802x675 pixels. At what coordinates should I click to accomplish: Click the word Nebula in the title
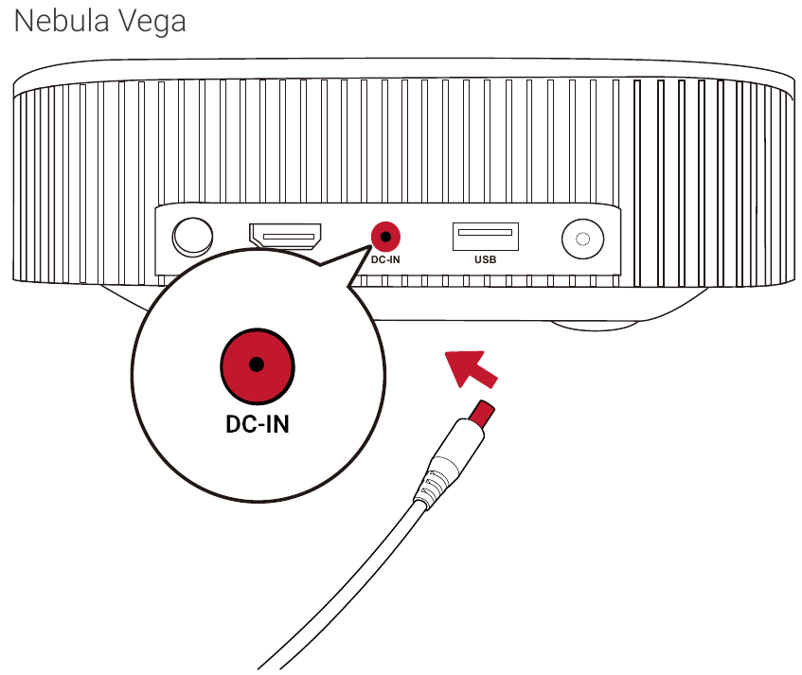tap(62, 22)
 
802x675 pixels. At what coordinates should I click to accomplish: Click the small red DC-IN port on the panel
tap(383, 234)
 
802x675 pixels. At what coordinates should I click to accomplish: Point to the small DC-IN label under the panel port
tap(383, 258)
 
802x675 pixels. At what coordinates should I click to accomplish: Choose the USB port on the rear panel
tap(485, 233)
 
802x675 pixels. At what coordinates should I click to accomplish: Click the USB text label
tap(485, 258)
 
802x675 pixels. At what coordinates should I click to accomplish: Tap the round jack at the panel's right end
tap(582, 239)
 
